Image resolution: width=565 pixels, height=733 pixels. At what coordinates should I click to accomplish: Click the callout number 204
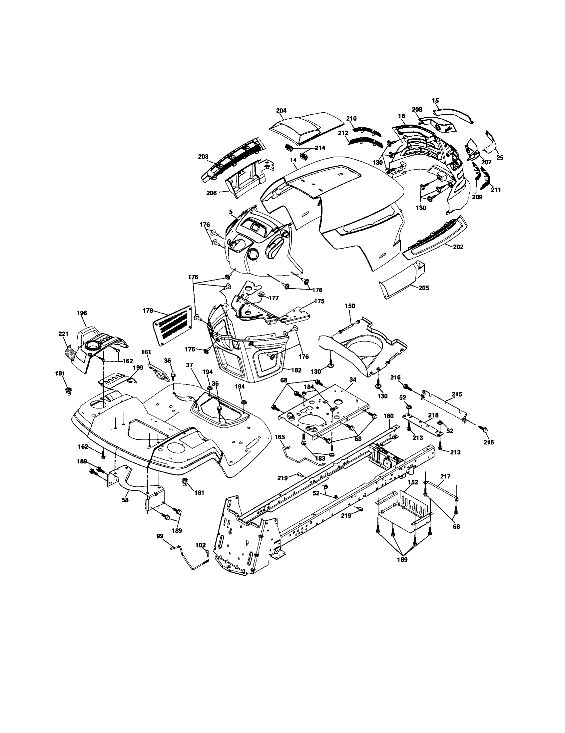click(x=281, y=110)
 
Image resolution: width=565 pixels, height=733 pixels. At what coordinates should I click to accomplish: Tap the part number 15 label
click(x=435, y=100)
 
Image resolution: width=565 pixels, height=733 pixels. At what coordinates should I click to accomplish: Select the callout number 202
click(x=458, y=247)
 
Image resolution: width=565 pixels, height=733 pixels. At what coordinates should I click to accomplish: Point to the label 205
click(x=423, y=288)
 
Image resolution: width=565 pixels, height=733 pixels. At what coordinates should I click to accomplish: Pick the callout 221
click(x=63, y=334)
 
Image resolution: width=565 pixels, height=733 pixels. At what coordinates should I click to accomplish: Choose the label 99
click(x=160, y=536)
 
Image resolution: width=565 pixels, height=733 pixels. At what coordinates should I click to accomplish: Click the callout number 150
click(x=349, y=306)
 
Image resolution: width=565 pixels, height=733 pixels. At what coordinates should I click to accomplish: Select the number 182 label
click(x=296, y=370)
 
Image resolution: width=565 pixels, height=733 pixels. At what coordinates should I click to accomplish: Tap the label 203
click(x=203, y=156)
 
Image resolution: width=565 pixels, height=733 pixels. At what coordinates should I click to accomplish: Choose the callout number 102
click(x=200, y=545)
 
